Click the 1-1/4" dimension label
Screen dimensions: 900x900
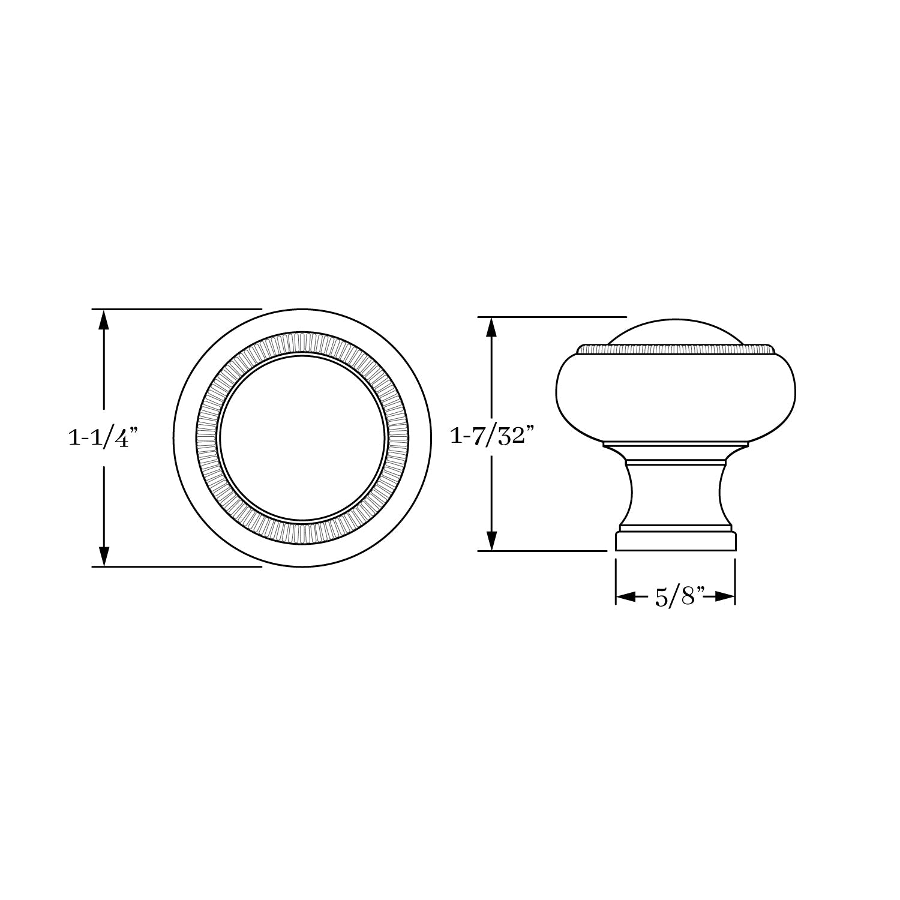(x=104, y=438)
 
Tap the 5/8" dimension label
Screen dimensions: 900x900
(x=676, y=597)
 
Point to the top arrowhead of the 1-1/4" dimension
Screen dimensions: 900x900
(x=104, y=320)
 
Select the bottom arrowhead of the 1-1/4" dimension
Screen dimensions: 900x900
(x=104, y=556)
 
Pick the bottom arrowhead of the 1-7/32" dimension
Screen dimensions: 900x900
(x=491, y=540)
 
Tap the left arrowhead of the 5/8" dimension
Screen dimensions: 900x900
(x=626, y=597)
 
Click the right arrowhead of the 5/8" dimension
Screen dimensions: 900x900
(x=725, y=597)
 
